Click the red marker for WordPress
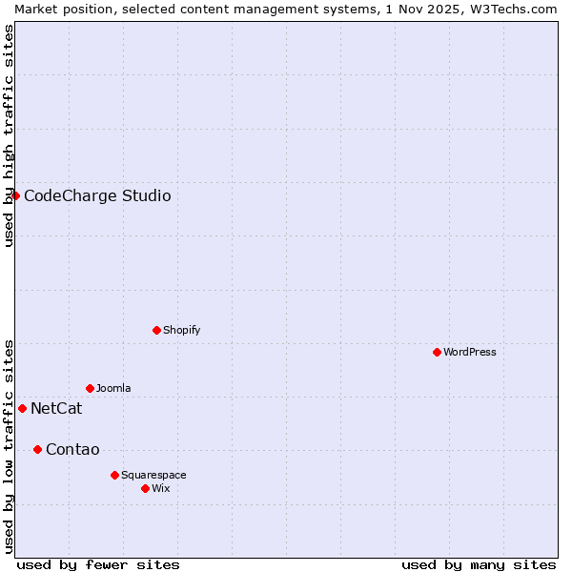(x=437, y=352)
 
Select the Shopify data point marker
(x=156, y=330)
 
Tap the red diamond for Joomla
(x=90, y=388)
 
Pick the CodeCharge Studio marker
(x=15, y=195)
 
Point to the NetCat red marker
(x=22, y=408)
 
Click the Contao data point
(x=37, y=449)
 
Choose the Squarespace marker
(x=114, y=475)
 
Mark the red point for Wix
(x=145, y=488)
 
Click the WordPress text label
(x=470, y=352)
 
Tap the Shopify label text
(x=181, y=330)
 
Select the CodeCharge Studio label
(x=97, y=196)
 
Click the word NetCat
(x=56, y=409)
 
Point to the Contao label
(x=72, y=450)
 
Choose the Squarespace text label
(x=153, y=475)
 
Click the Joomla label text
(x=113, y=388)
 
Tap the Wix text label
(x=161, y=488)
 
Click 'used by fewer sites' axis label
(x=98, y=564)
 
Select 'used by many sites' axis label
(x=479, y=564)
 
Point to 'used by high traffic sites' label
(x=9, y=135)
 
